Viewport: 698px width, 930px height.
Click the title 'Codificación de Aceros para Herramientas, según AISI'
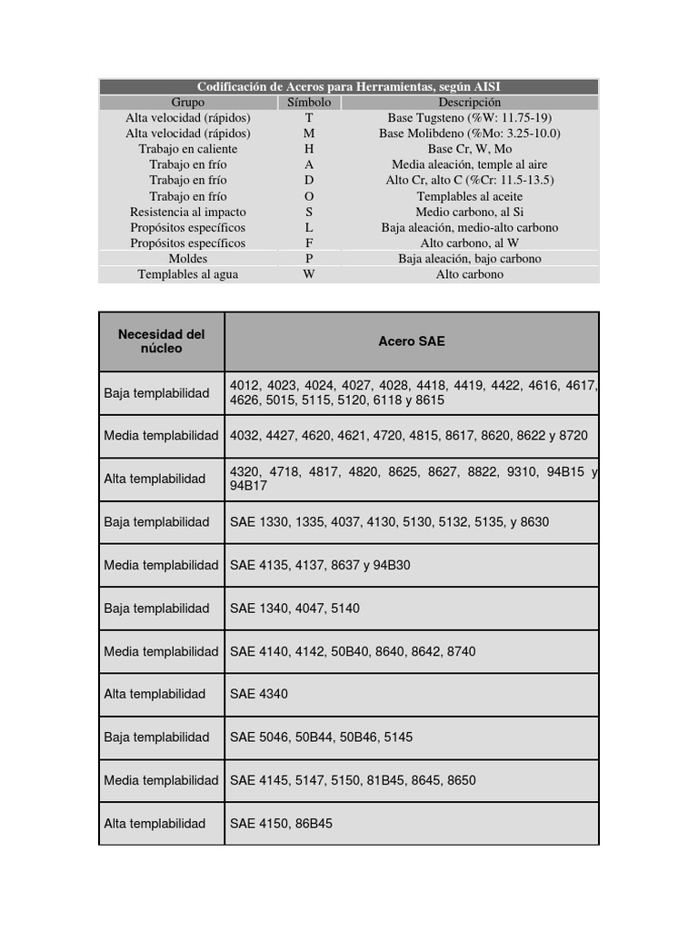348,86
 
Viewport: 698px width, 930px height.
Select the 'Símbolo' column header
309,102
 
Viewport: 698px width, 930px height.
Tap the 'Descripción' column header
469,102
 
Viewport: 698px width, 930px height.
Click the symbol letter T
309,117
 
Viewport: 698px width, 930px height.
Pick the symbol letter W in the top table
309,274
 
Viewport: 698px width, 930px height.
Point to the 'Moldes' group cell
188,259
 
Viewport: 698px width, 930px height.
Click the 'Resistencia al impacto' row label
188,212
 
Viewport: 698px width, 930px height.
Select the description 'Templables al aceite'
469,196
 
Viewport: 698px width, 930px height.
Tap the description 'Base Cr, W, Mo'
469,149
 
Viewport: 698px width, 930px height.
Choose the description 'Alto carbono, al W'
469,243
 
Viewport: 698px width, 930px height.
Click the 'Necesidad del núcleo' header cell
162,341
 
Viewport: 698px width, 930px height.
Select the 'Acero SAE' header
412,341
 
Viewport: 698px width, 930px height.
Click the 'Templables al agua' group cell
188,274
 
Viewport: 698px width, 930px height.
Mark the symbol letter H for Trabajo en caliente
309,149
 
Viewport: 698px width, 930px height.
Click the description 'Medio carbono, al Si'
469,212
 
